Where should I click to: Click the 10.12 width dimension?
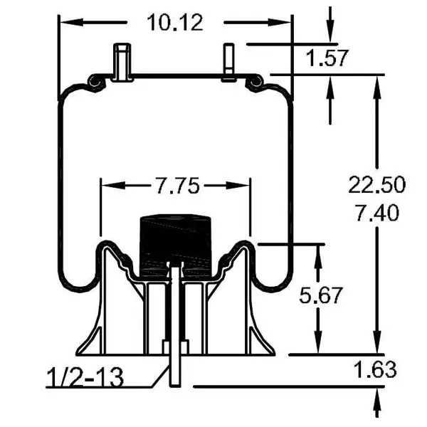coord(175,23)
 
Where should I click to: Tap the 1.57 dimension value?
coord(329,58)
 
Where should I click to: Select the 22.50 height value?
coord(376,184)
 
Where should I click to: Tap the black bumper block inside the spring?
coord(175,242)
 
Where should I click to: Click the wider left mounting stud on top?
coord(122,62)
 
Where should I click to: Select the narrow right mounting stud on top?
coord(228,63)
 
